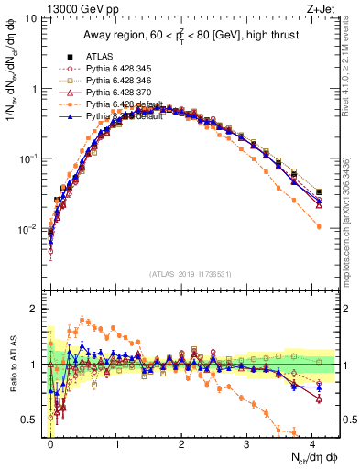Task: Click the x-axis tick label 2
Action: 181,442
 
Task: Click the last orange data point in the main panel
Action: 318,225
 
